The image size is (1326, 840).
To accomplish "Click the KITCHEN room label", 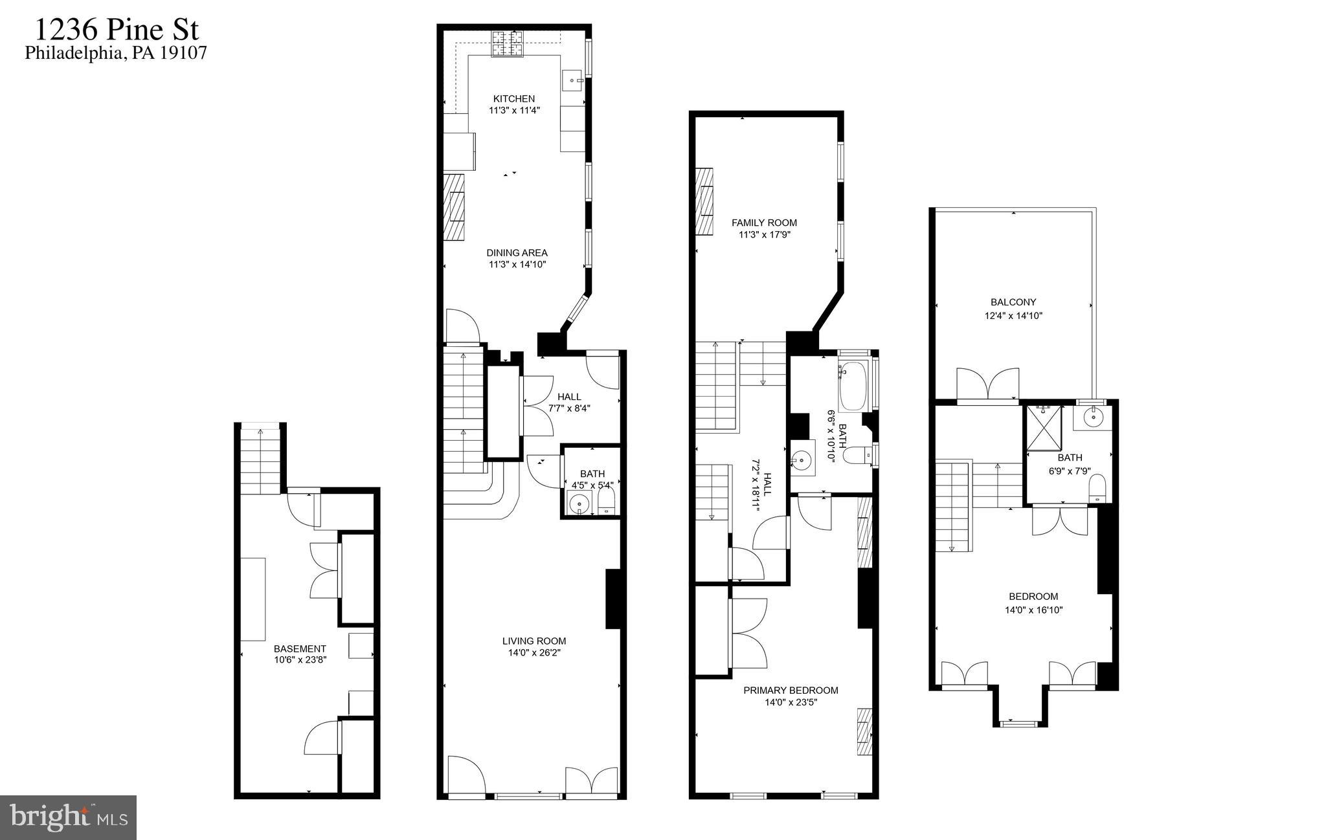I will coord(514,99).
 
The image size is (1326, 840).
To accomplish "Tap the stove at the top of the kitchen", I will coord(508,44).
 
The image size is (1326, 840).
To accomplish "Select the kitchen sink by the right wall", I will coord(572,80).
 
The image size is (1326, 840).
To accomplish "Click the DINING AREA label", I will coord(517,253).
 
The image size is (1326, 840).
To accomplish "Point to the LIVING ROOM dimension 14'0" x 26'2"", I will coord(534,653).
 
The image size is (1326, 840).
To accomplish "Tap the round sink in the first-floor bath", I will coord(578,503).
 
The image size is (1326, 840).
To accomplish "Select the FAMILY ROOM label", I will coord(764,223).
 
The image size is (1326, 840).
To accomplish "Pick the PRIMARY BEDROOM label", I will coord(791,691).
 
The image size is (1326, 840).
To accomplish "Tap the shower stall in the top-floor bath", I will coord(1043,427).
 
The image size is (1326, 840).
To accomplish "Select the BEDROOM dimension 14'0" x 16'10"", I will coord(1033,610).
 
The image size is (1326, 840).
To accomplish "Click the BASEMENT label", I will coord(300,648).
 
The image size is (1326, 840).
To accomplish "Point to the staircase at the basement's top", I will coord(260,459).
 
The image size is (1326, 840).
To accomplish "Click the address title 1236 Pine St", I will coord(117,30).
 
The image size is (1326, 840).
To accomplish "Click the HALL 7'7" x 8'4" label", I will coord(569,397).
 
